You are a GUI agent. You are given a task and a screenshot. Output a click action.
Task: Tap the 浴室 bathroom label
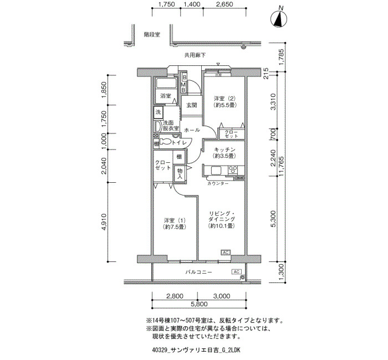pyautogui.click(x=166, y=96)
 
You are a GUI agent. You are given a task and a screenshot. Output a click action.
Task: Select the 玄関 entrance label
pyautogui.click(x=192, y=105)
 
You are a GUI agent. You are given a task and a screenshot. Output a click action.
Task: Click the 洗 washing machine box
pyautogui.click(x=158, y=112)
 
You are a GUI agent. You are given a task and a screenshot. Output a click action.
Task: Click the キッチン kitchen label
pyautogui.click(x=224, y=150)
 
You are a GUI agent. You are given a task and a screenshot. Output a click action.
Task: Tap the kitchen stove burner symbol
pyautogui.click(x=233, y=169)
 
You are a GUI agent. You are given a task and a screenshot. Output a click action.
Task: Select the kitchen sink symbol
pyautogui.click(x=217, y=171)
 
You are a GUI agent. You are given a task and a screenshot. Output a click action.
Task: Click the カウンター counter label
pyautogui.click(x=218, y=183)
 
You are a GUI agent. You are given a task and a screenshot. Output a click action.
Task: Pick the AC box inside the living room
pyautogui.click(x=226, y=253)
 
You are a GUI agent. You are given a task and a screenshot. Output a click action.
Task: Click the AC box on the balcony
pyautogui.click(x=236, y=272)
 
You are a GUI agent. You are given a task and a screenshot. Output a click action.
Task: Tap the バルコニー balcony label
pyautogui.click(x=199, y=272)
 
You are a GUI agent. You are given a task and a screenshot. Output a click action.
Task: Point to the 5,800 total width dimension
pyautogui.click(x=198, y=304)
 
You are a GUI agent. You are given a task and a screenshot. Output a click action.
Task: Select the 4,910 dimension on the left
pyautogui.click(x=104, y=222)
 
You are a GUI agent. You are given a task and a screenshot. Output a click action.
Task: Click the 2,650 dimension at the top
pyautogui.click(x=224, y=4)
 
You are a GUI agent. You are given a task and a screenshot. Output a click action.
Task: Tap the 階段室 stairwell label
pyautogui.click(x=152, y=34)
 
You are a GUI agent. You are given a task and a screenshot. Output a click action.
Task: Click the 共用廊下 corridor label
pyautogui.click(x=195, y=55)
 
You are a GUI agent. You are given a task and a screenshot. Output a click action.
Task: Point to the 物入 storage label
pyautogui.click(x=180, y=174)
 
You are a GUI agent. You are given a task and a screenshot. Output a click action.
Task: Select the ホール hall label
pyautogui.click(x=192, y=130)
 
